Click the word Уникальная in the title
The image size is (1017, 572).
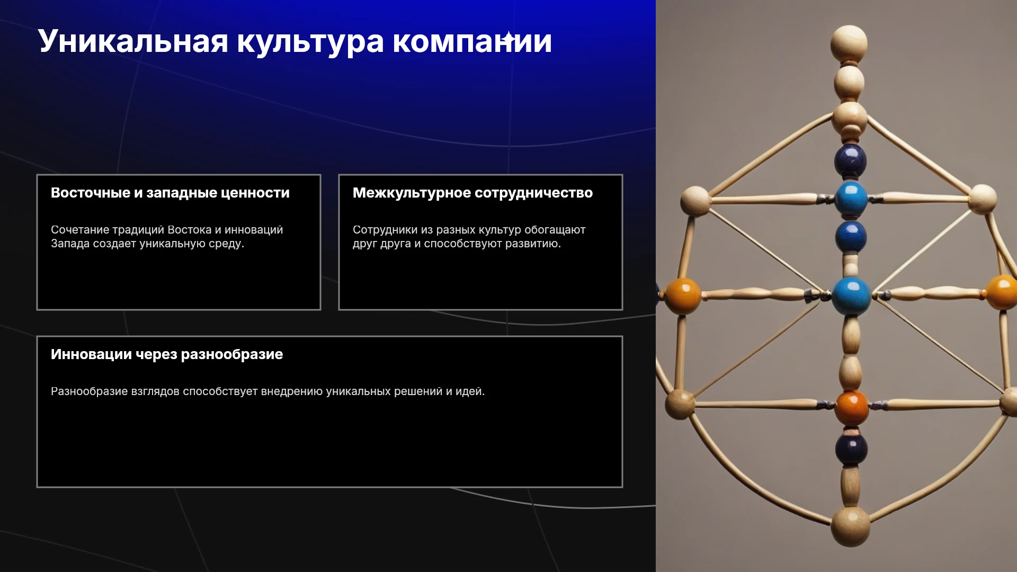133,41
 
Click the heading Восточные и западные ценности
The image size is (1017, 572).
170,193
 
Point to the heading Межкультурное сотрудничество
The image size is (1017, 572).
472,193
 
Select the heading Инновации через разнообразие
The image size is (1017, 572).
167,354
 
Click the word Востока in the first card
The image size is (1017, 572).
189,230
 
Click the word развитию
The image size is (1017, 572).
532,244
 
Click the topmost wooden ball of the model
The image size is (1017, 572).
849,43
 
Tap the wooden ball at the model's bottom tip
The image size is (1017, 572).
850,526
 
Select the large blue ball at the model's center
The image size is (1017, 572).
851,296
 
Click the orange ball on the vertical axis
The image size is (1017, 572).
852,408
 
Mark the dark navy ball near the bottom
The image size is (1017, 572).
851,449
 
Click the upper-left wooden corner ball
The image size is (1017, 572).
695,200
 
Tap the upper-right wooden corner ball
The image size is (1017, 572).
983,199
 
